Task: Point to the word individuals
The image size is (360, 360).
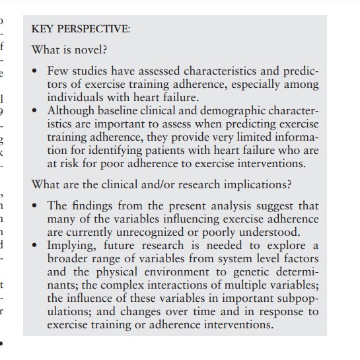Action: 73,97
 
